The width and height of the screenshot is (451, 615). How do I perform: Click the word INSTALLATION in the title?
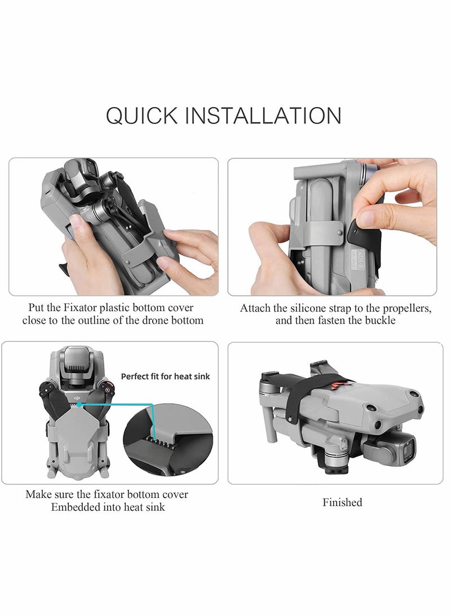coord(263,116)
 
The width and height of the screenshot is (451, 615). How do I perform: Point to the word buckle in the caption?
coord(380,320)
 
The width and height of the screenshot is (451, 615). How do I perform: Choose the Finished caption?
coord(342,502)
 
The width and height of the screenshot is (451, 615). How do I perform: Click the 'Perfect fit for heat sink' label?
coord(165,377)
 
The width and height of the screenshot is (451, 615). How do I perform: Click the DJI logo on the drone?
coord(77,398)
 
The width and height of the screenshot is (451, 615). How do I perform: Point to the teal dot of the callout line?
coord(79,404)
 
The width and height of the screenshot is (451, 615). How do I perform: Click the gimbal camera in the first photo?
coord(81,176)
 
